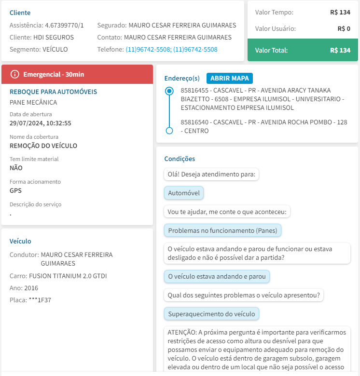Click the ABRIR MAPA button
click(x=230, y=78)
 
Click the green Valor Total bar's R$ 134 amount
click(x=340, y=50)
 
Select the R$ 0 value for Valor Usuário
click(x=344, y=28)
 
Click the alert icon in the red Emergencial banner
click(x=15, y=74)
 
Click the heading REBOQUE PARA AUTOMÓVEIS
click(x=53, y=92)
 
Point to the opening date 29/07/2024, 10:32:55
click(x=41, y=123)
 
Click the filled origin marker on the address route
click(x=169, y=91)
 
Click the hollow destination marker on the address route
click(x=169, y=131)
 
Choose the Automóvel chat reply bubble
click(x=184, y=193)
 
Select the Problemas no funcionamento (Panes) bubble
click(x=222, y=230)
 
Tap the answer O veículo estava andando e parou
click(x=217, y=277)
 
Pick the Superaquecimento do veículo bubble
click(x=211, y=314)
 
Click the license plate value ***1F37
click(x=40, y=299)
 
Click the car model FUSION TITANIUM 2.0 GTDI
click(x=68, y=276)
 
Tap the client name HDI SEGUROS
click(x=54, y=37)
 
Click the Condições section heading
click(x=180, y=159)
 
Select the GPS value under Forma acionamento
click(x=15, y=190)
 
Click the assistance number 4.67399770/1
click(x=64, y=25)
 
